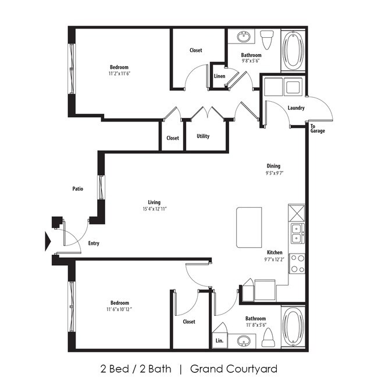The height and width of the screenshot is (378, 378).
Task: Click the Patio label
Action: (x=77, y=189)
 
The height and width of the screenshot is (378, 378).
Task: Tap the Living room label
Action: (x=154, y=202)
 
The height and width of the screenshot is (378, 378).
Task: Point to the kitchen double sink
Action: (x=297, y=233)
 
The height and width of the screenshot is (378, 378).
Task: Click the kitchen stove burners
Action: (x=297, y=263)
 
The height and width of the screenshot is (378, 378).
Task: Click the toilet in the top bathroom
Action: (x=268, y=40)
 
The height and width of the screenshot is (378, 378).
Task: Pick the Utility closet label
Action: (x=203, y=137)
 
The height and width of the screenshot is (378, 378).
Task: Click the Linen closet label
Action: (x=219, y=76)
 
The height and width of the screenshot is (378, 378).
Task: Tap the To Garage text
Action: (x=317, y=128)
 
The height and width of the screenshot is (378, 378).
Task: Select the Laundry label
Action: (x=296, y=108)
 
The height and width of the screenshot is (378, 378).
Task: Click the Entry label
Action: (x=93, y=243)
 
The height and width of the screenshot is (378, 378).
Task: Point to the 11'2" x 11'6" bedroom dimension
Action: (x=119, y=74)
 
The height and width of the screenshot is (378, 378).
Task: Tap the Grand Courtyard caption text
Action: (x=234, y=368)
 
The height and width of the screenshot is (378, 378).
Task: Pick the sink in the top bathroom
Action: (x=243, y=38)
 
